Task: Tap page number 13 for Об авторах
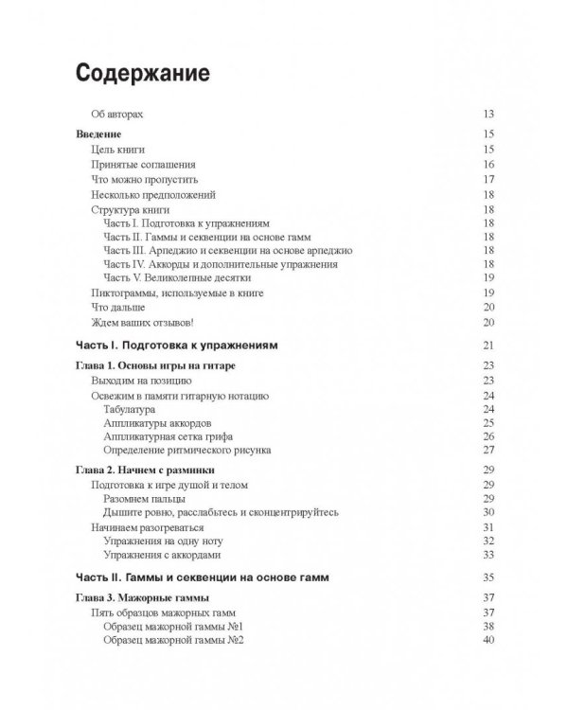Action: pos(489,114)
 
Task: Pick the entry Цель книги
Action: pos(117,150)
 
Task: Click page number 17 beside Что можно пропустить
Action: pos(489,179)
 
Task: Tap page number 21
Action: pos(489,344)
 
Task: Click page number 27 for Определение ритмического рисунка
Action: pos(489,451)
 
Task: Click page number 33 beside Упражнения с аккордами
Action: pos(489,555)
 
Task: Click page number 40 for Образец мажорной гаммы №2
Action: pos(489,640)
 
